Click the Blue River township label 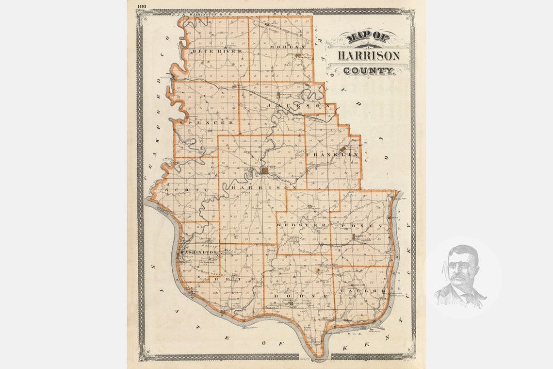pyautogui.click(x=210, y=51)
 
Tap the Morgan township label pyautogui.click(x=292, y=47)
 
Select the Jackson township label pyautogui.click(x=294, y=105)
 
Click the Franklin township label pyautogui.click(x=332, y=154)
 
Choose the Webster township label pyautogui.click(x=301, y=226)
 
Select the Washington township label pyautogui.click(x=198, y=252)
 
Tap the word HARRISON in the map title pyautogui.click(x=369, y=55)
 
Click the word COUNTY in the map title pyautogui.click(x=369, y=70)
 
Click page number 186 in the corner pyautogui.click(x=142, y=6)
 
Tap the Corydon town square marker pyautogui.click(x=265, y=171)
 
